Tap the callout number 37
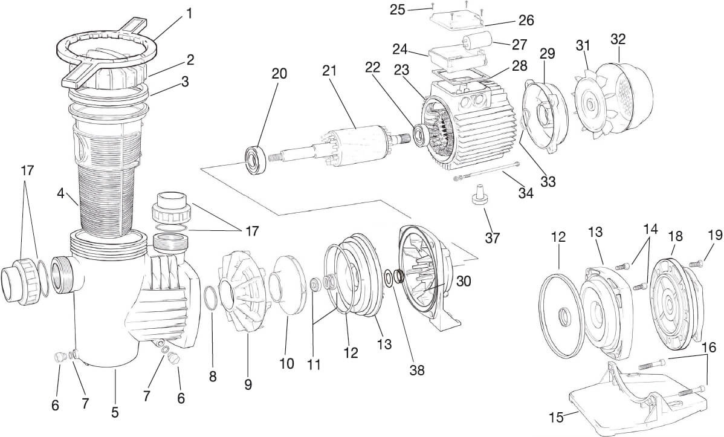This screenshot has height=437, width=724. click(493, 237)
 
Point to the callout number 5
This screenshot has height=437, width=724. click(115, 413)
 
